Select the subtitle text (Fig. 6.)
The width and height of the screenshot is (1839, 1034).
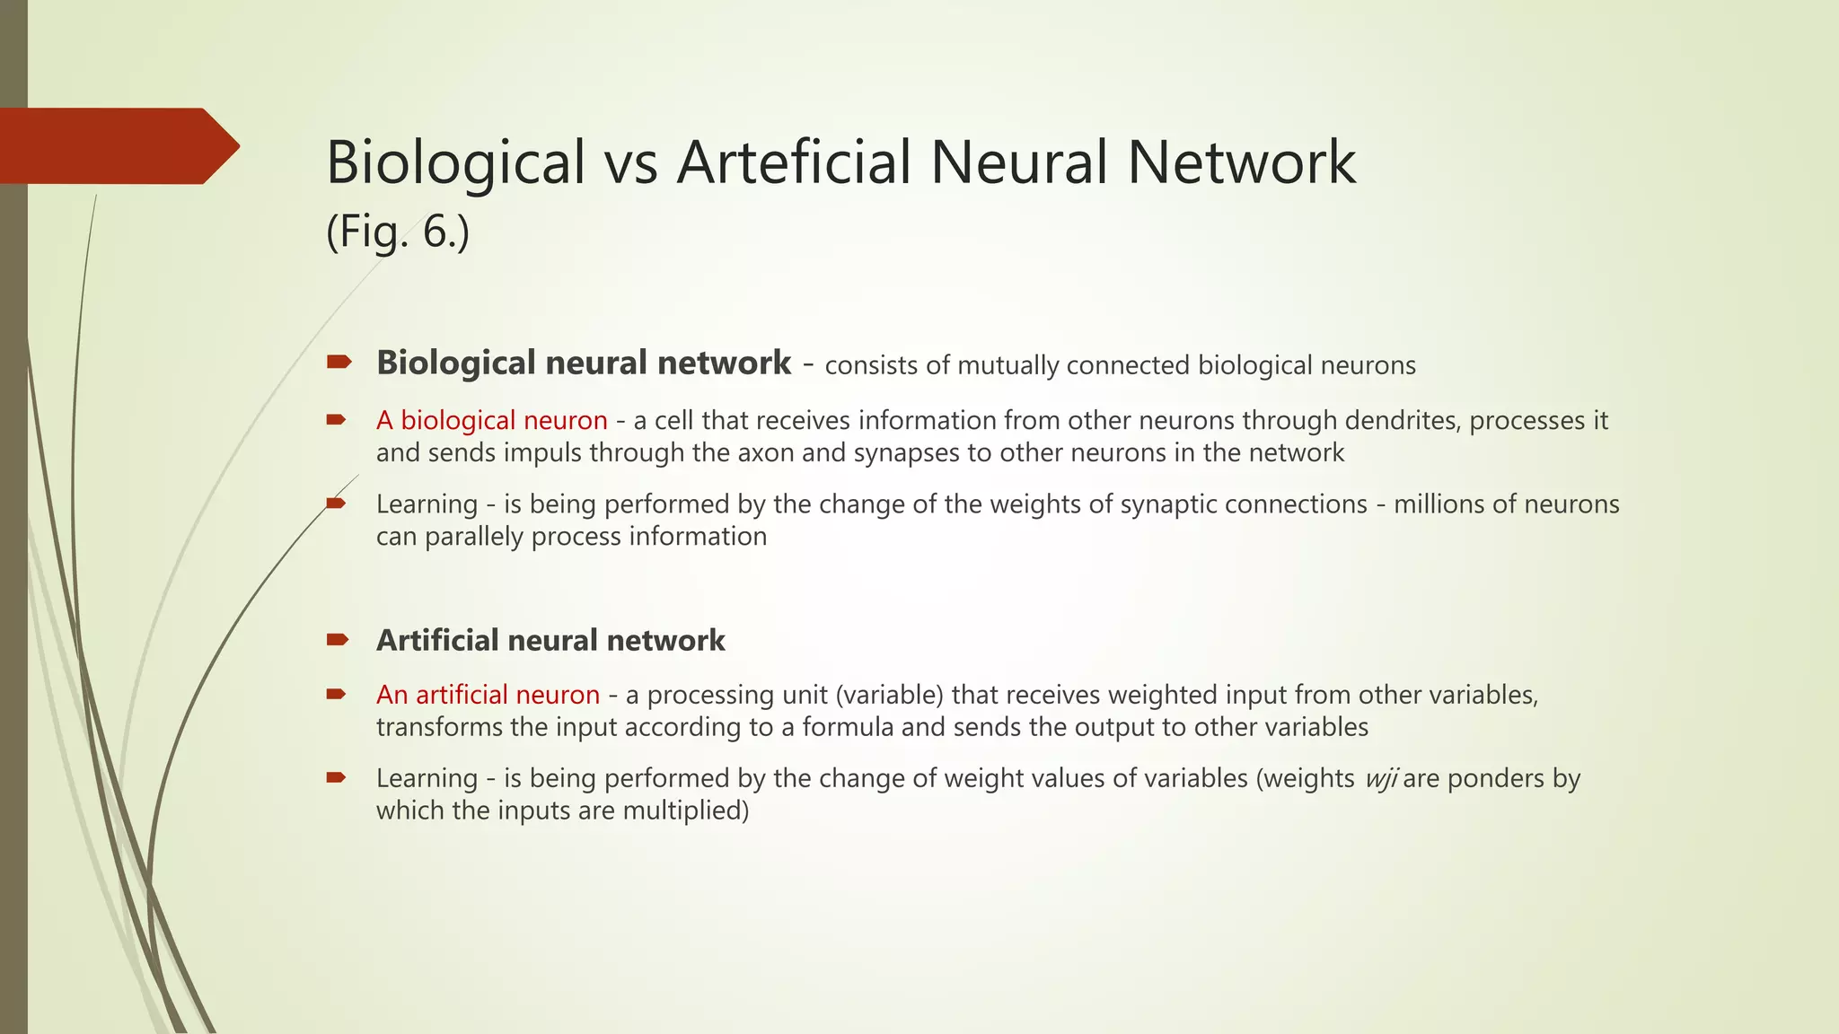coord(397,232)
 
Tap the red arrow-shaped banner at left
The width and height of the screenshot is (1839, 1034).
coord(117,146)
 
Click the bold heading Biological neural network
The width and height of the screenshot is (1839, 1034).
coord(584,363)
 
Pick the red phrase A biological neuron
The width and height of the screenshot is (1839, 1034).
coord(491,420)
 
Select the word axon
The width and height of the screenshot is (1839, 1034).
coord(766,452)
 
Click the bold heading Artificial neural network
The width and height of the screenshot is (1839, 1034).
coord(550,640)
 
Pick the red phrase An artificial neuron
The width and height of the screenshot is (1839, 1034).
coord(488,695)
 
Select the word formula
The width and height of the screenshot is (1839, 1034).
coord(848,727)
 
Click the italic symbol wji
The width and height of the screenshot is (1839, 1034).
coord(1380,779)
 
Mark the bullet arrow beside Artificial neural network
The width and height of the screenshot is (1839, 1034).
coord(338,640)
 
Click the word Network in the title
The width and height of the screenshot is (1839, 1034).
coord(1241,162)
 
